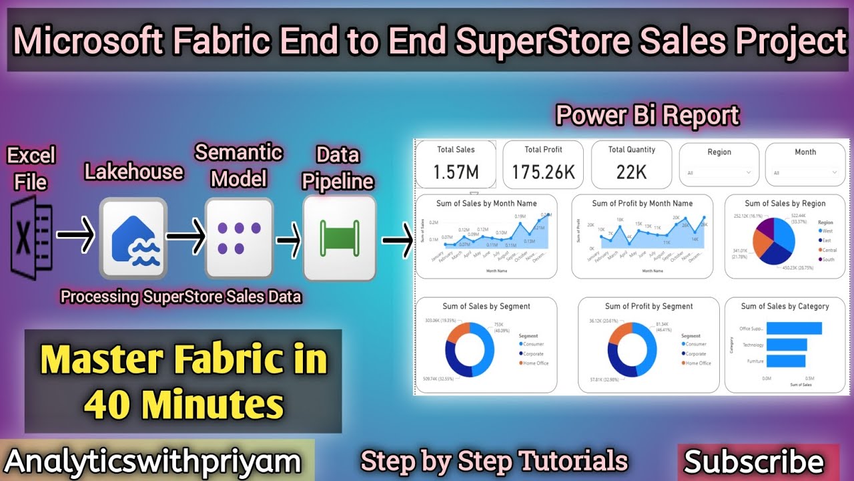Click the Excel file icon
pyautogui.click(x=31, y=238)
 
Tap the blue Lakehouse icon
pyautogui.click(x=133, y=238)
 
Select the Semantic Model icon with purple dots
pyautogui.click(x=239, y=238)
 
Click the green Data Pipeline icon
pyautogui.click(x=339, y=238)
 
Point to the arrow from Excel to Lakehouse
pyautogui.click(x=75, y=235)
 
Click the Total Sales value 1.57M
pyautogui.click(x=456, y=172)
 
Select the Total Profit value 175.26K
pyautogui.click(x=543, y=172)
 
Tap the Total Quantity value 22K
pyautogui.click(x=631, y=172)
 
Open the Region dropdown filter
pyautogui.click(x=719, y=172)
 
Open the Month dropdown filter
pyautogui.click(x=805, y=172)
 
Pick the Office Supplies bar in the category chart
pyautogui.click(x=794, y=328)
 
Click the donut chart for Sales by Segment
pyautogui.click(x=470, y=350)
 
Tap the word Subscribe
pyautogui.click(x=754, y=462)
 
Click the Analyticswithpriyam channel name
pyautogui.click(x=153, y=462)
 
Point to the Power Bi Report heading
pyautogui.click(x=648, y=116)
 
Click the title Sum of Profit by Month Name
pyautogui.click(x=642, y=203)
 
